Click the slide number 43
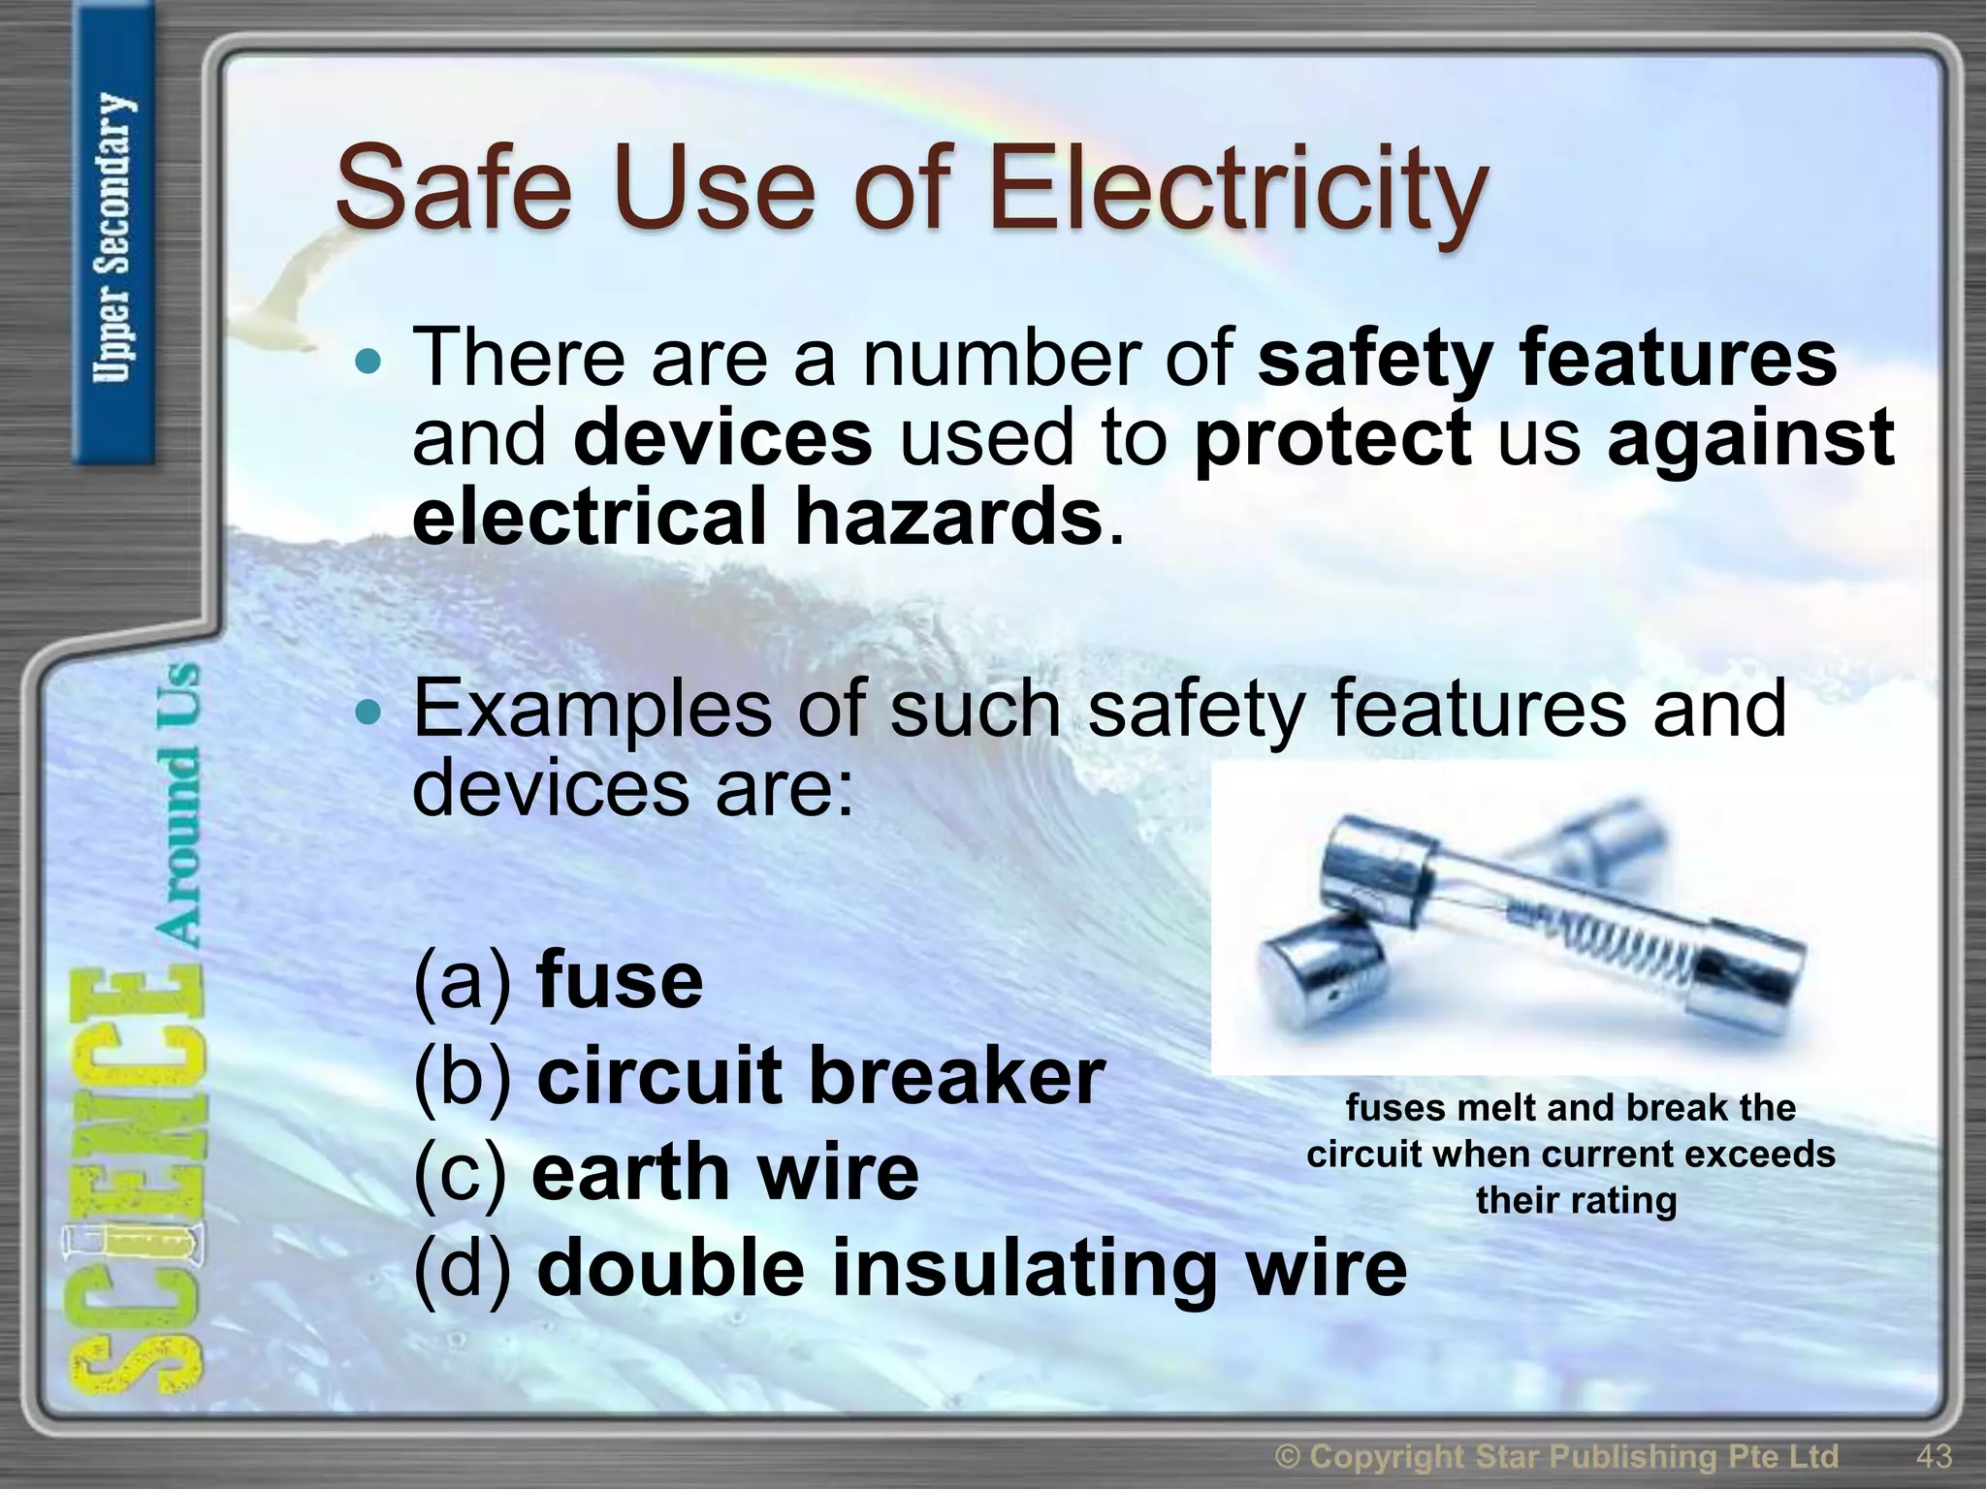point(1934,1455)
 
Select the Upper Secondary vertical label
point(114,238)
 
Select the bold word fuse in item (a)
point(619,981)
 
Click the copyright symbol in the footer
point(1286,1456)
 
